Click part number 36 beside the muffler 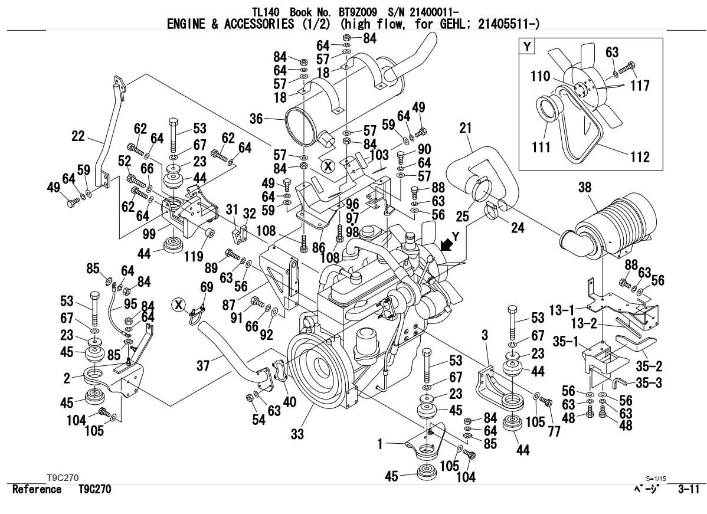[256, 119]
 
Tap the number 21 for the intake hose [466, 128]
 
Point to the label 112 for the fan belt [639, 156]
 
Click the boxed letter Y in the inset [527, 46]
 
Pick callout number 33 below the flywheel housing [297, 434]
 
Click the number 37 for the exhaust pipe [203, 366]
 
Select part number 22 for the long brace [78, 136]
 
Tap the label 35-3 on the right [649, 383]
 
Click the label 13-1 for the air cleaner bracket [562, 309]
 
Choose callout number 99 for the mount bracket [149, 234]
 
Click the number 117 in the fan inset [639, 86]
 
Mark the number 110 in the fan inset [539, 76]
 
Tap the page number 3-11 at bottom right [689, 489]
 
